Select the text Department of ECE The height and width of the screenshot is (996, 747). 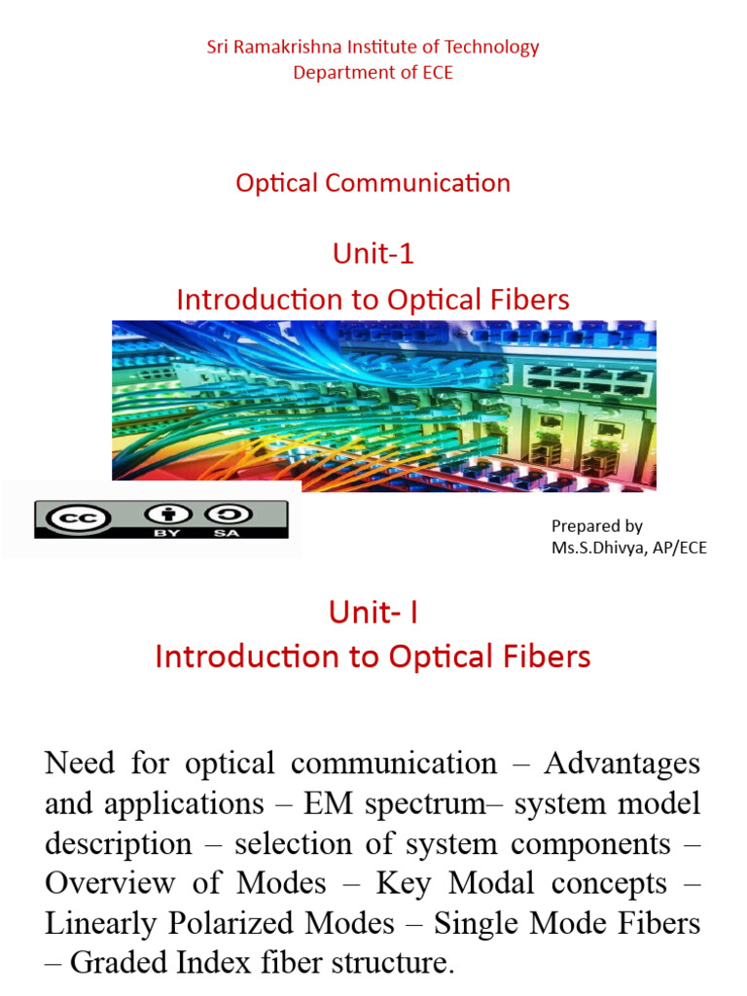point(373,73)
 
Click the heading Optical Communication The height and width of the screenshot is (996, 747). point(373,183)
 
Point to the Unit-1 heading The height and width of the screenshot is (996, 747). point(373,254)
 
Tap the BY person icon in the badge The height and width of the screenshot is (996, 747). point(156,515)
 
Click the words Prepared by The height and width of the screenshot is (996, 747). point(596,526)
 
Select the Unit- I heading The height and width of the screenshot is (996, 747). point(373,612)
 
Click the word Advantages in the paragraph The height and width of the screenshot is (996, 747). point(622,763)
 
